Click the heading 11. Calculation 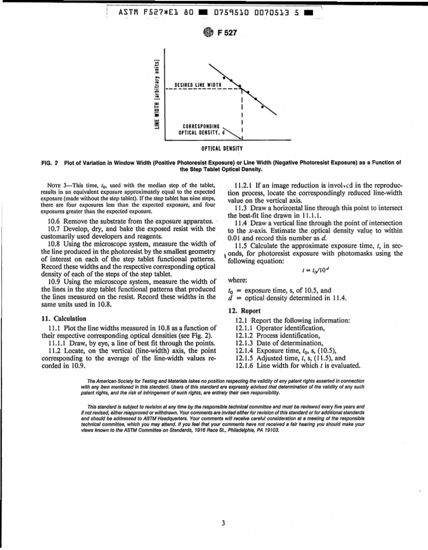pyautogui.click(x=64, y=318)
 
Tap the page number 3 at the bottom pyautogui.click(x=223, y=523)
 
